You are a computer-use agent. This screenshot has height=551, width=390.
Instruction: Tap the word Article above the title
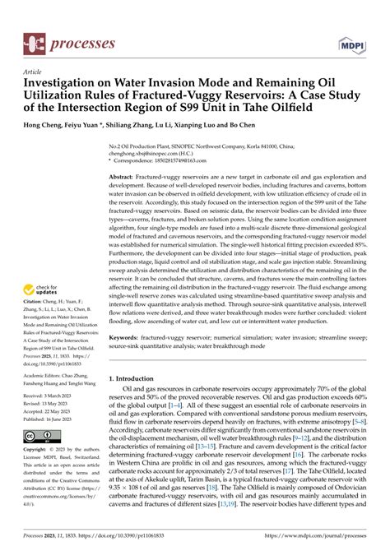35,72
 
